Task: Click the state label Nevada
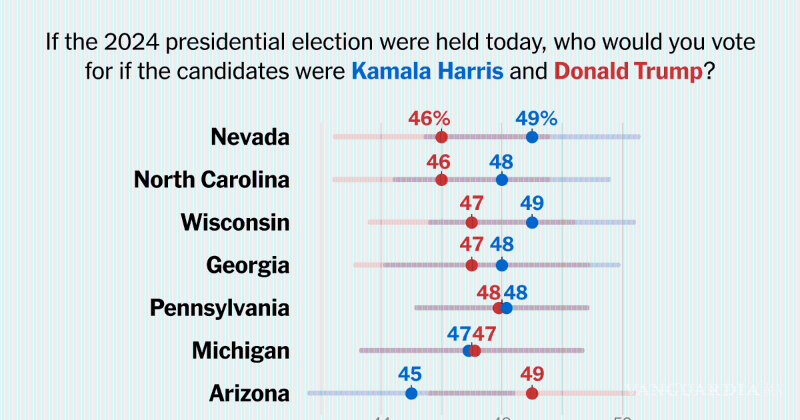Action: pyautogui.click(x=250, y=137)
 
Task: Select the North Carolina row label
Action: pyautogui.click(x=212, y=180)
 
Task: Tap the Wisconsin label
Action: pyautogui.click(x=235, y=223)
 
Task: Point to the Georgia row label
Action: pyautogui.click(x=248, y=265)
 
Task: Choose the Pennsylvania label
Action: pyautogui.click(x=220, y=308)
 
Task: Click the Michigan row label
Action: pyautogui.click(x=241, y=351)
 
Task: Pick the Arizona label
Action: pyautogui.click(x=249, y=393)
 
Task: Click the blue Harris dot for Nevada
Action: pyautogui.click(x=532, y=137)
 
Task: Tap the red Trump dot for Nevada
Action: pyautogui.click(x=441, y=137)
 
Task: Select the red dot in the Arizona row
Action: pyautogui.click(x=532, y=393)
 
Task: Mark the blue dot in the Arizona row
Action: pyautogui.click(x=411, y=393)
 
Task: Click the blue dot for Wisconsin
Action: pyautogui.click(x=532, y=223)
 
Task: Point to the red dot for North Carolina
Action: pyautogui.click(x=441, y=180)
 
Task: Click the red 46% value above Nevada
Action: pyautogui.click(x=429, y=119)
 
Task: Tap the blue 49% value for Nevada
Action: pyautogui.click(x=536, y=119)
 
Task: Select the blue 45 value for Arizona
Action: pyautogui.click(x=411, y=375)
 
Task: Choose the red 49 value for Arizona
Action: pyautogui.click(x=532, y=375)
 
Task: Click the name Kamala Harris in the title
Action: pyautogui.click(x=427, y=71)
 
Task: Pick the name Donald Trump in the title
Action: pyautogui.click(x=629, y=71)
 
